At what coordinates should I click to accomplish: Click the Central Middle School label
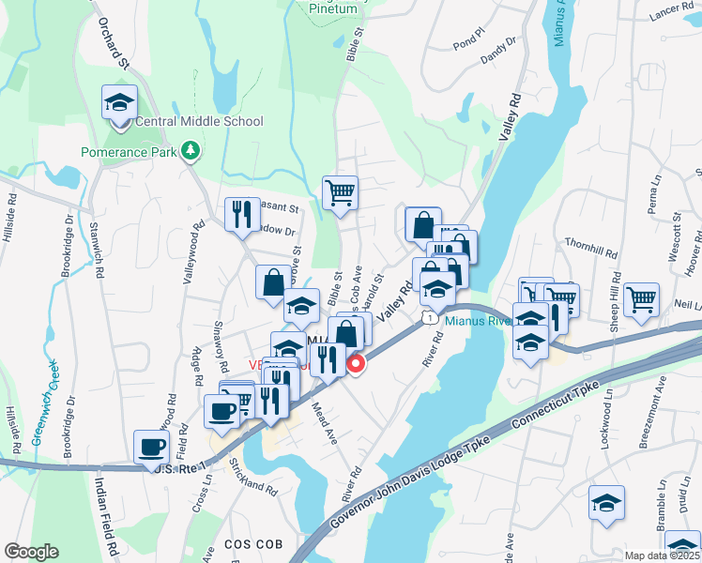pyautogui.click(x=199, y=122)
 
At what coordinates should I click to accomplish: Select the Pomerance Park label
pyautogui.click(x=130, y=151)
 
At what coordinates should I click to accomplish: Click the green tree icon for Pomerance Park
pyautogui.click(x=191, y=150)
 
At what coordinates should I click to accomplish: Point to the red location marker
pyautogui.click(x=356, y=364)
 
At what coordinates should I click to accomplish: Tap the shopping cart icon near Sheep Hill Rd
pyautogui.click(x=641, y=299)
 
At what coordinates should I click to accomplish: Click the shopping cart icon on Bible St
pyautogui.click(x=340, y=192)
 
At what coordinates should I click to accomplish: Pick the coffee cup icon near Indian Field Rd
pyautogui.click(x=151, y=447)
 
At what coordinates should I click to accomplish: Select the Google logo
pyautogui.click(x=32, y=552)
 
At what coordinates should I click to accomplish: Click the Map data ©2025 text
pyautogui.click(x=660, y=555)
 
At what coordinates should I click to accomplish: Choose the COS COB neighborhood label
pyautogui.click(x=249, y=545)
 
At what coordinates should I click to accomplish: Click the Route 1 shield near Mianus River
pyautogui.click(x=429, y=319)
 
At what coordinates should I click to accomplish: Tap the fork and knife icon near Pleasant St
pyautogui.click(x=243, y=214)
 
